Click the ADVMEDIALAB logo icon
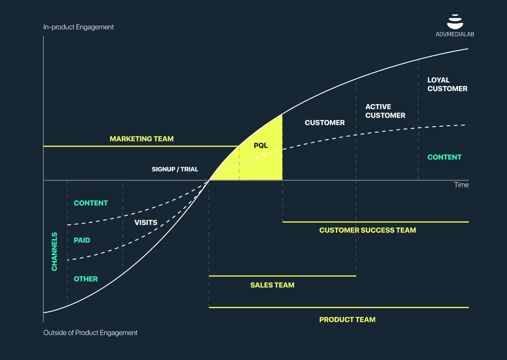point(455,22)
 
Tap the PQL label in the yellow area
point(261,146)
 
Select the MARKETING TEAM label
point(142,139)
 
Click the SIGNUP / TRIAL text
point(175,169)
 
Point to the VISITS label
point(146,223)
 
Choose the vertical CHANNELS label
point(54,251)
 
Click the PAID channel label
point(82,240)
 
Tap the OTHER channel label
point(86,279)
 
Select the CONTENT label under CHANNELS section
point(91,203)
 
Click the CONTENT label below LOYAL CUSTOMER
point(444,157)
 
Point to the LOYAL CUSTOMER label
point(447,84)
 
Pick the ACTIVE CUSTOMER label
point(385,111)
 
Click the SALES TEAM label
point(272,285)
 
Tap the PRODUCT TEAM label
point(347,320)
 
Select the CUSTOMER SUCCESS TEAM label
point(367,230)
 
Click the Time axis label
point(461,185)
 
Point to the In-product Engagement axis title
point(78,27)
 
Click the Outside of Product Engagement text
point(90,333)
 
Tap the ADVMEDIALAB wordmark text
point(455,34)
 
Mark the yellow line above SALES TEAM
point(282,276)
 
